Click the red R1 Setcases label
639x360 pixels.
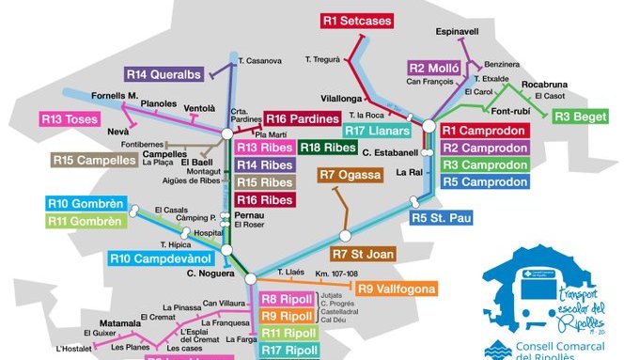coord(356,19)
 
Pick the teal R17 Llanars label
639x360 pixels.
coord(376,130)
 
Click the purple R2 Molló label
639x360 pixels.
coord(433,68)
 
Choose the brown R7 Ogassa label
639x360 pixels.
coord(350,175)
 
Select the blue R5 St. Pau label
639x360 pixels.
coord(440,218)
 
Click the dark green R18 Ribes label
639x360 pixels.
coord(328,148)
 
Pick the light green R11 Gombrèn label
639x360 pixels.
coord(86,221)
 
